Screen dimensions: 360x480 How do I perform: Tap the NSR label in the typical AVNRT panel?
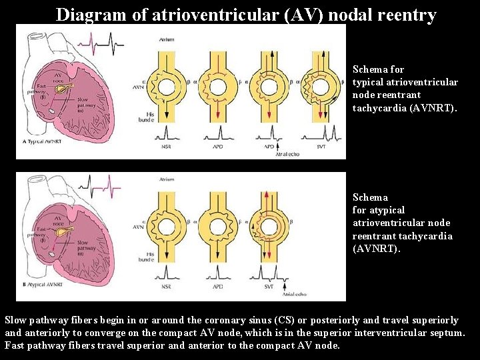pyautogui.click(x=167, y=146)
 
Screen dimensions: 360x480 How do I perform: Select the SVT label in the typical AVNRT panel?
pyautogui.click(x=321, y=146)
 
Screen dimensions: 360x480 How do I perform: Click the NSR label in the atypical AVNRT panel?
pyautogui.click(x=167, y=287)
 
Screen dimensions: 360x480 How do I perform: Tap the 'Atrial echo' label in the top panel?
pyautogui.click(x=287, y=154)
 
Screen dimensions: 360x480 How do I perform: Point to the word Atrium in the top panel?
pyautogui.click(x=167, y=40)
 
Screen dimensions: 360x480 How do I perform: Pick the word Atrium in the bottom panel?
pyautogui.click(x=167, y=179)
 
